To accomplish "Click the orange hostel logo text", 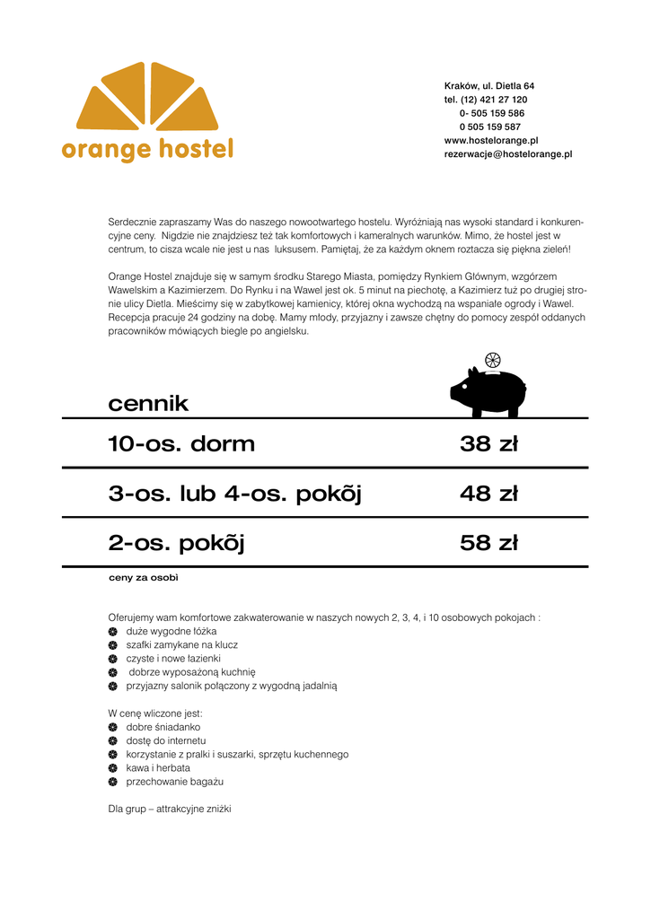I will click(147, 149).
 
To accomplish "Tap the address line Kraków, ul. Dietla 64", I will click(488, 86).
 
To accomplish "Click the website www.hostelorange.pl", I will click(490, 140).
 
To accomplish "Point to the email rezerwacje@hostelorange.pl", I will click(507, 154).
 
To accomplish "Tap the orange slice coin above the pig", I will click(492, 361).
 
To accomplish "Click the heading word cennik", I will click(148, 404).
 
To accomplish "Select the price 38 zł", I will click(488, 443).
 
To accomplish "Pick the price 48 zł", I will click(488, 494).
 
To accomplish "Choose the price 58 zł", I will click(488, 543).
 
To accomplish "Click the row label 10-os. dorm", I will click(181, 443).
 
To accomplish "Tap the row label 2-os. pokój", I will click(176, 544).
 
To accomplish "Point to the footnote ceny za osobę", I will click(144, 577).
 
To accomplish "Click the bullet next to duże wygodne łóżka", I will click(113, 632).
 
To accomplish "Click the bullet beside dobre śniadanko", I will click(113, 727).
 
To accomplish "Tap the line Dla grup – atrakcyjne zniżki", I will click(170, 809).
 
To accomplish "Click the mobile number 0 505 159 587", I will click(489, 127).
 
